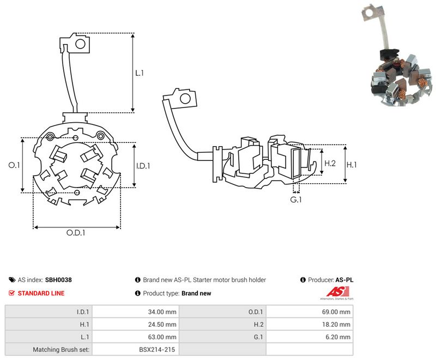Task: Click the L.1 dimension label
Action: tap(140, 73)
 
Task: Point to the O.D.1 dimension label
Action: tap(76, 232)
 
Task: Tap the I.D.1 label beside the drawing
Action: tap(143, 166)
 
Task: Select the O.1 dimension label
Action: tap(14, 165)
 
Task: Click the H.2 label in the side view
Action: tap(330, 163)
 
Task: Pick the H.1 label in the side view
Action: tap(352, 165)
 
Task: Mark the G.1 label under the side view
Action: tap(296, 200)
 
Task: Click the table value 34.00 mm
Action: tap(162, 312)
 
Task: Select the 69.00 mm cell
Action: tap(336, 312)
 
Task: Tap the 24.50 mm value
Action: tap(162, 325)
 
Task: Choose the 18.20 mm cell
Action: tap(336, 325)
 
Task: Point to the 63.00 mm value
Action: tap(162, 337)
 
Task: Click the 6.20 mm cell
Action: tap(338, 337)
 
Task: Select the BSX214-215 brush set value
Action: tap(157, 350)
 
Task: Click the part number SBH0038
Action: tap(58, 280)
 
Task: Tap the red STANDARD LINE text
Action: tap(41, 293)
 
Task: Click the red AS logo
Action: tap(337, 292)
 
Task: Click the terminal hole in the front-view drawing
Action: tap(80, 44)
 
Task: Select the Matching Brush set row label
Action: tap(61, 350)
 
